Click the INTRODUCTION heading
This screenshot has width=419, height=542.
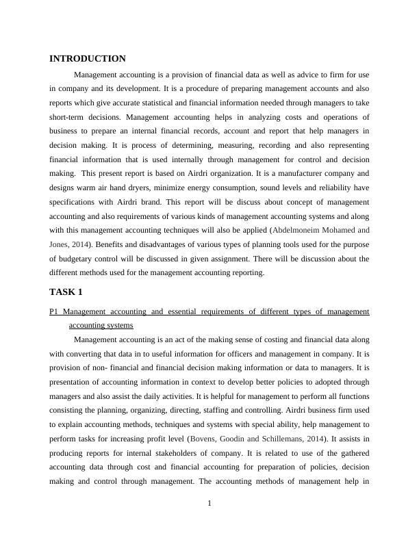[x=88, y=59]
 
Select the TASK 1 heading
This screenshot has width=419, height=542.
[x=66, y=292]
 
